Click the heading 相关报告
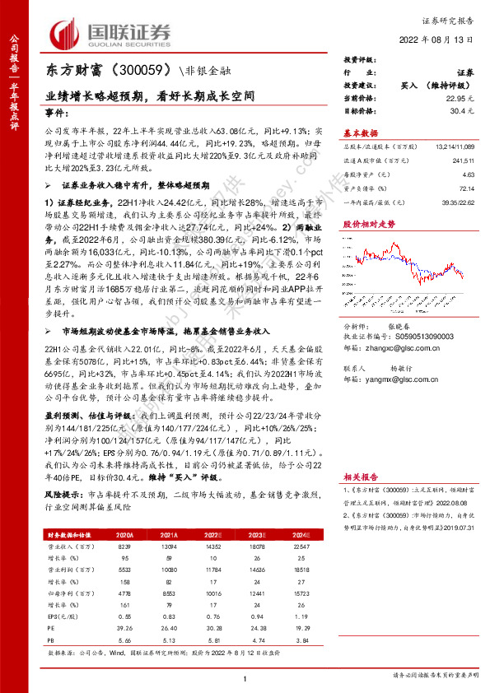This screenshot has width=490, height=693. point(360,476)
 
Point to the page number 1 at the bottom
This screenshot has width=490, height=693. point(245,677)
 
